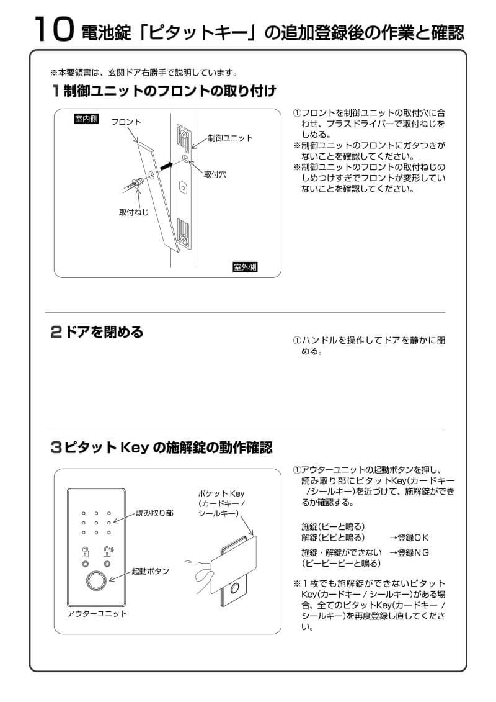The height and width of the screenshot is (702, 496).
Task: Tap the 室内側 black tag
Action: click(x=86, y=119)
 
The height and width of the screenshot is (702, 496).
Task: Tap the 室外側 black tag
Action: click(x=244, y=268)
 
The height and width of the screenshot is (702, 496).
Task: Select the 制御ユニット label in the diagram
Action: click(x=230, y=138)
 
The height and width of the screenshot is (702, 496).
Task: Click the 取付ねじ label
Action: click(x=134, y=212)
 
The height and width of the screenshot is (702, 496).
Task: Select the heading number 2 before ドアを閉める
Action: click(x=56, y=332)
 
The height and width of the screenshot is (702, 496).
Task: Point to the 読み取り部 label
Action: click(x=156, y=514)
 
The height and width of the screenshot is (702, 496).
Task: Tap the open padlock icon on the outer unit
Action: click(x=108, y=551)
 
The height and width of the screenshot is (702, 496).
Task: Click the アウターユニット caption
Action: click(x=97, y=614)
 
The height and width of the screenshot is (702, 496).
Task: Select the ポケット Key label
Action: click(x=221, y=493)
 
